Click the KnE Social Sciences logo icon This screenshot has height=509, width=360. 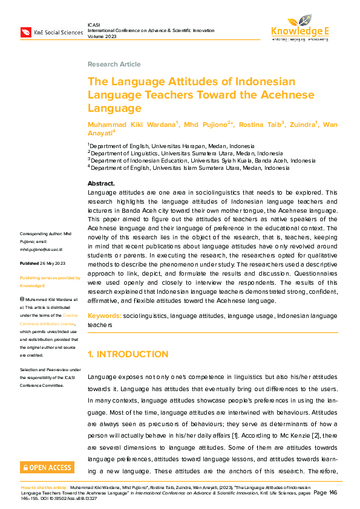tap(26, 31)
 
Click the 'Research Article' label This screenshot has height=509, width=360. tap(114, 64)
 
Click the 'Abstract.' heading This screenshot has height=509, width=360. tap(101, 183)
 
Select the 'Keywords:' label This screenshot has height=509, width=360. tap(104, 316)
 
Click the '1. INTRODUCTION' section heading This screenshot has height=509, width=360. tap(128, 354)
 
